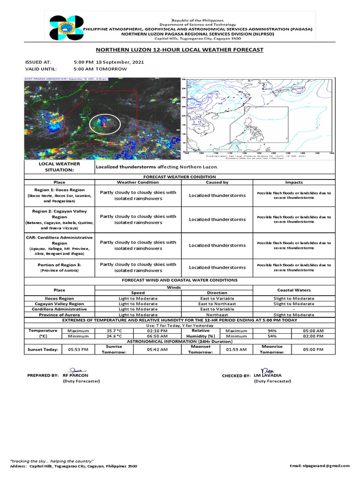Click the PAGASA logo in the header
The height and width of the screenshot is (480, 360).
pos(66,31)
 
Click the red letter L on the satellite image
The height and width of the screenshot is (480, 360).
pos(105,125)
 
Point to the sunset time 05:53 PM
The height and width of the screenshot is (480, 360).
pos(78,349)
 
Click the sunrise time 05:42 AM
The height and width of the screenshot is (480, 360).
pos(157,349)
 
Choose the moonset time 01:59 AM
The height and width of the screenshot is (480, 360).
pos(236,349)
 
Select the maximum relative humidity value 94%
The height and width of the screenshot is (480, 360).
pos(272,330)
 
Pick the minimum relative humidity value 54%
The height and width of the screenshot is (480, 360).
pos(272,336)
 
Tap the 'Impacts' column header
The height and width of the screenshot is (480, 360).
pos(294,182)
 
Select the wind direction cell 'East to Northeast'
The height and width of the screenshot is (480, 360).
pos(217,304)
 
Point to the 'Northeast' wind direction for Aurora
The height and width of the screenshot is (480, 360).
pos(217,315)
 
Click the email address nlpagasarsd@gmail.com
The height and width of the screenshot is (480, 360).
pos(320,466)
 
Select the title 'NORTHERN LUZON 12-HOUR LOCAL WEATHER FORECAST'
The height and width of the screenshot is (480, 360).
pos(180,50)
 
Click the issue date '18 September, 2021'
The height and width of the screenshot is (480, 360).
pos(120,62)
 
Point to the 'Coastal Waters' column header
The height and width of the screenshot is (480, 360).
pos(294,290)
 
